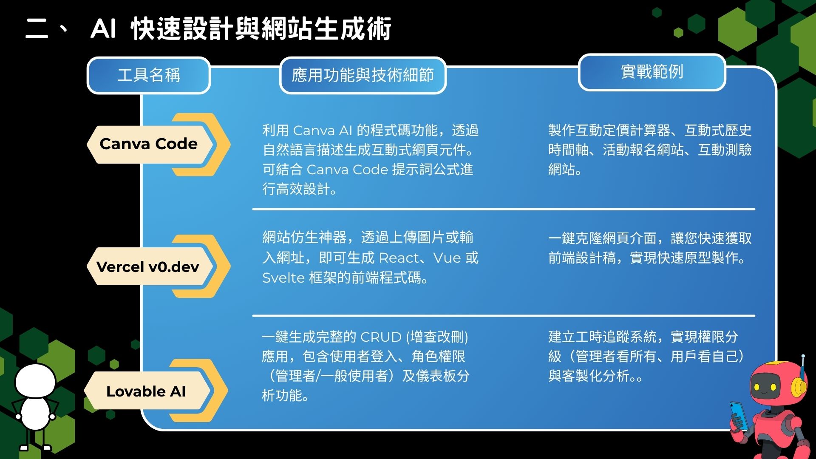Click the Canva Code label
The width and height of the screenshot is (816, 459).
point(148,144)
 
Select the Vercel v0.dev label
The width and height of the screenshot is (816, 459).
point(148,266)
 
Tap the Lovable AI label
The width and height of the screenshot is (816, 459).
point(146,391)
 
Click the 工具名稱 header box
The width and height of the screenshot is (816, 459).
point(149,75)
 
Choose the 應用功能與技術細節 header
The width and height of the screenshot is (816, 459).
point(363,75)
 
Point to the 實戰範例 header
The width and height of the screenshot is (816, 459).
point(652,72)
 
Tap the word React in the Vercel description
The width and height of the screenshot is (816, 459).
point(399,258)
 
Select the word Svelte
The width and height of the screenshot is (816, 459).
point(283,278)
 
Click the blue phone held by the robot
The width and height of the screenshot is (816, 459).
point(738,414)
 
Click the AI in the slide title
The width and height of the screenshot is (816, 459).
point(103,29)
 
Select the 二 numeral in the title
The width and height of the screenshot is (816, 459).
point(37,29)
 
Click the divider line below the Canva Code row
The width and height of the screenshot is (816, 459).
point(504,209)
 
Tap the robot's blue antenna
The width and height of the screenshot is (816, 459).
point(802,366)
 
